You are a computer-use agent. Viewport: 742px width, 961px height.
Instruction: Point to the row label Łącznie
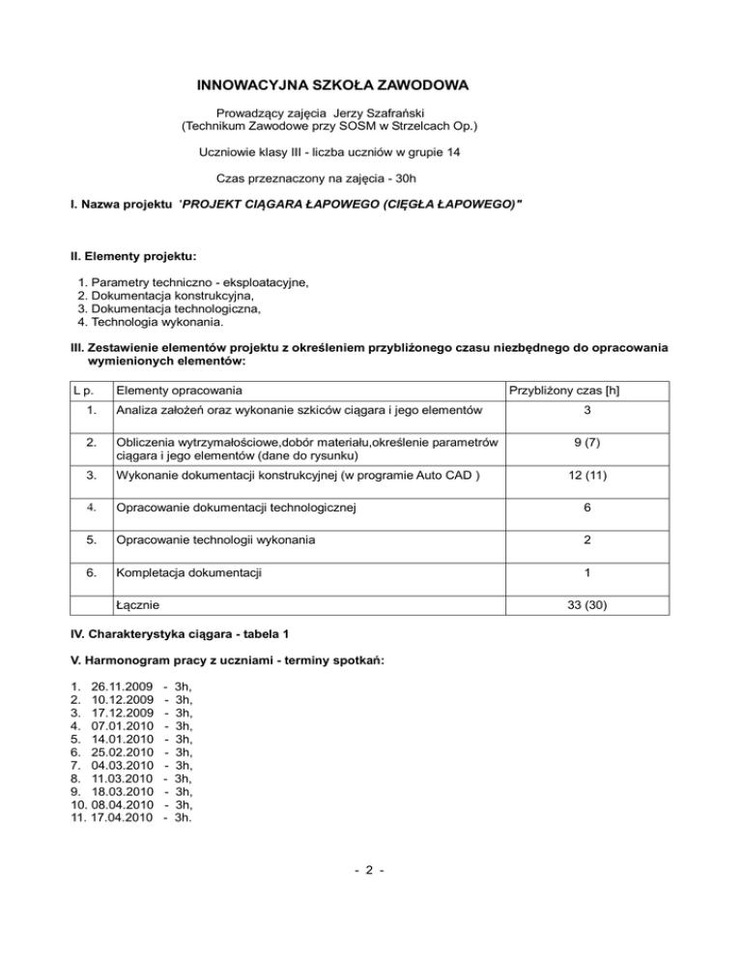coord(137,605)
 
